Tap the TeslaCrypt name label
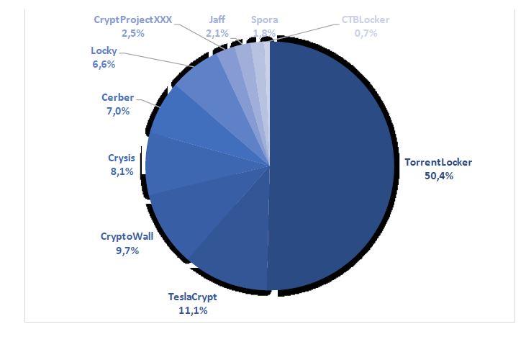pyautogui.click(x=192, y=297)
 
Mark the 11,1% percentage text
pyautogui.click(x=192, y=310)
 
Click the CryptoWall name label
pyautogui.click(x=127, y=236)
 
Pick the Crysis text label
pyautogui.click(x=120, y=158)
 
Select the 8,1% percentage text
pyautogui.click(x=120, y=171)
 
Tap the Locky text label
pyautogui.click(x=104, y=51)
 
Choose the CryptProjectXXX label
pyautogui.click(x=132, y=19)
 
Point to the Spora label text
pyautogui.click(x=264, y=19)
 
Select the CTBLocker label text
pyautogui.click(x=366, y=19)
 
